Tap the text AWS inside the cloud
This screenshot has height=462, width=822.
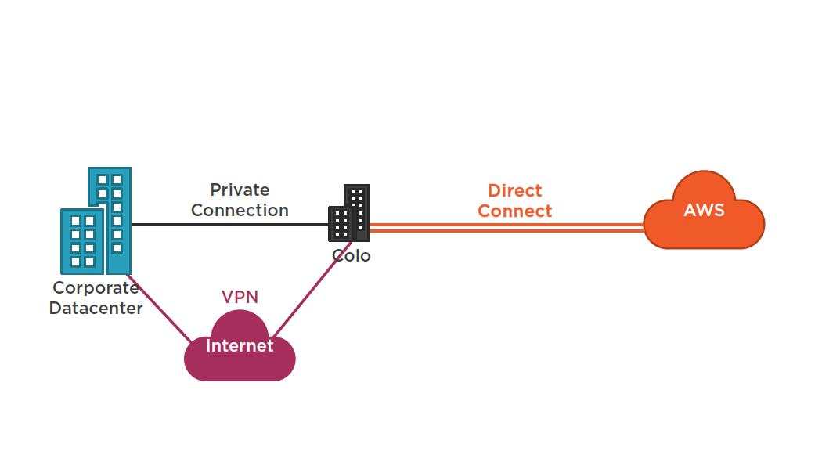704,211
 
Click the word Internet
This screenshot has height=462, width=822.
240,345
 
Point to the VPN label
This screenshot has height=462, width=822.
240,297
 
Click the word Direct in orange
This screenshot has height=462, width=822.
514,190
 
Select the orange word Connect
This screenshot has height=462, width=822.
514,211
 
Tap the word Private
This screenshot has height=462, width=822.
240,189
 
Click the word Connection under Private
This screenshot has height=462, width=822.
240,210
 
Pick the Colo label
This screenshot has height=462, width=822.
351,255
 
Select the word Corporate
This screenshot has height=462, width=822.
96,287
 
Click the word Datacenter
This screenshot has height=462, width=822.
96,308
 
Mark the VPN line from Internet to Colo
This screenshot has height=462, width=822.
301,289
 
